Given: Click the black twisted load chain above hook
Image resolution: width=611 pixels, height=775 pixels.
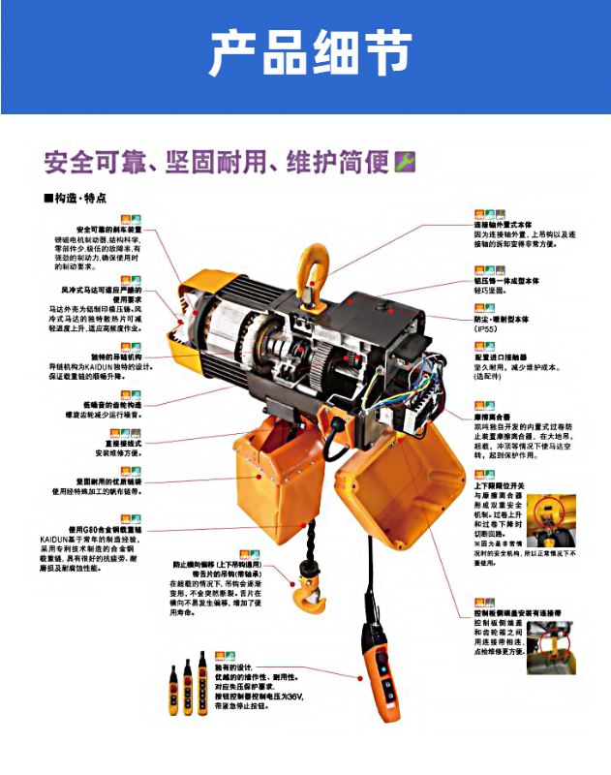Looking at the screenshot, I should coord(312,538).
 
